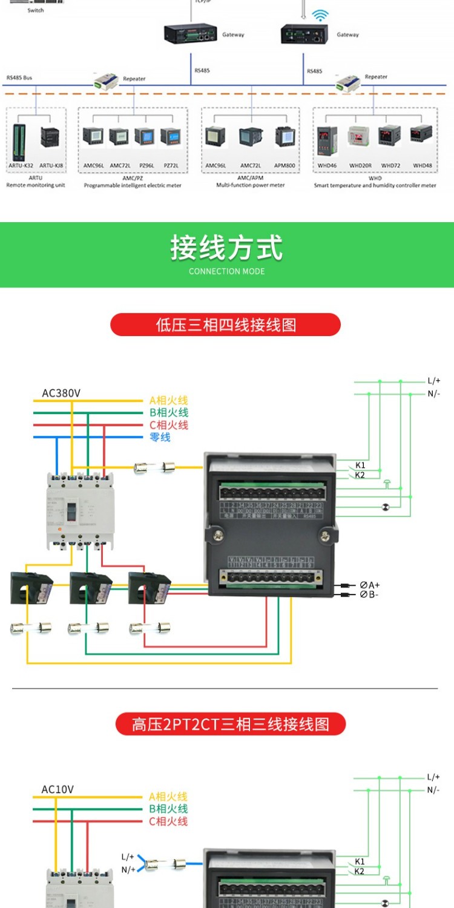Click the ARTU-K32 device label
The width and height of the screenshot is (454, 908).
pyautogui.click(x=21, y=165)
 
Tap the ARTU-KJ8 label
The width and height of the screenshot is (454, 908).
pyautogui.click(x=51, y=165)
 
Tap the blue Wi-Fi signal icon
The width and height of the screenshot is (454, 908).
pyautogui.click(x=318, y=16)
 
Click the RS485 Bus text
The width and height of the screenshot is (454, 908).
pyautogui.click(x=19, y=78)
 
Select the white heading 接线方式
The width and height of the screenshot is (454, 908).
pyautogui.click(x=226, y=248)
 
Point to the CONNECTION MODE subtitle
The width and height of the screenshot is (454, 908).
pyautogui.click(x=226, y=271)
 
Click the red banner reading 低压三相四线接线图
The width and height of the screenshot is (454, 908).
pyautogui.click(x=225, y=325)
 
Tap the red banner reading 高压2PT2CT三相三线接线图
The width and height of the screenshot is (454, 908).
pyautogui.click(x=230, y=724)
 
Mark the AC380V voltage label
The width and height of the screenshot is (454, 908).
pyautogui.click(x=61, y=393)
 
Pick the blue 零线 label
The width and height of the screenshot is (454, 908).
pyautogui.click(x=160, y=437)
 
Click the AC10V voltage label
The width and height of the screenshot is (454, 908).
pyautogui.click(x=58, y=789)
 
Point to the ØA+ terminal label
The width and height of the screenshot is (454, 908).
pyautogui.click(x=369, y=585)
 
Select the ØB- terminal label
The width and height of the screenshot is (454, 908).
pyautogui.click(x=369, y=594)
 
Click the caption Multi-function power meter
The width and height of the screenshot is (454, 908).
pyautogui.click(x=250, y=185)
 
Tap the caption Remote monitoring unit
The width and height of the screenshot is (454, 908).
pyautogui.click(x=35, y=185)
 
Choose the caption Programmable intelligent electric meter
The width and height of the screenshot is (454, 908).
pyautogui.click(x=133, y=185)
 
